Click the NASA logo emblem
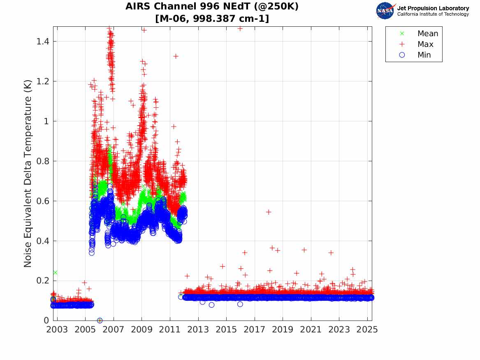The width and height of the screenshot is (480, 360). tap(385, 11)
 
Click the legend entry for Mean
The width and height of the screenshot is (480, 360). tap(427, 34)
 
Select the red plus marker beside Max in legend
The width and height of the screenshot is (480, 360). tap(402, 44)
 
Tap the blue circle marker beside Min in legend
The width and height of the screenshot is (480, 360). tap(402, 55)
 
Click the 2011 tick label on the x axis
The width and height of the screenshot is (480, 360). tap(170, 330)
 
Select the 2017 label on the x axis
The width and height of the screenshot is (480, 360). tap(255, 330)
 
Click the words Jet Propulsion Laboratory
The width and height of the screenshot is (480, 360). tap(433, 8)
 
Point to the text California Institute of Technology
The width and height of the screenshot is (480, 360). tap(433, 14)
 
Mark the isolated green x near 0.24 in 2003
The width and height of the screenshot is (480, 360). tap(55, 272)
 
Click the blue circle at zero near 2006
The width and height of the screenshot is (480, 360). tap(100, 321)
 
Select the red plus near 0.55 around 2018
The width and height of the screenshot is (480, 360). tap(269, 212)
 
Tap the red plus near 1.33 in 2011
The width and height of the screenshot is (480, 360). tap(176, 56)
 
